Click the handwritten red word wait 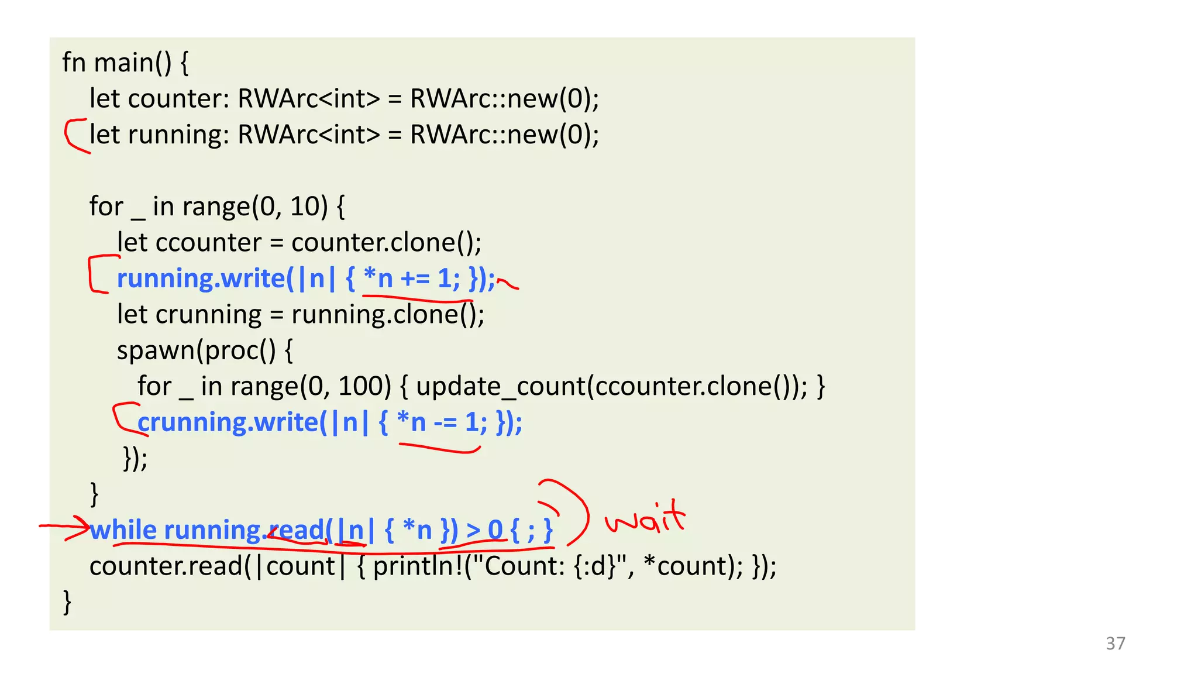[x=645, y=518]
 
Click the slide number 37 [x=1115, y=643]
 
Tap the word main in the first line [x=123, y=63]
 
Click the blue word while [x=123, y=530]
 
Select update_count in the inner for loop [x=500, y=386]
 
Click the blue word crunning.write [x=228, y=422]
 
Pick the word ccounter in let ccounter [x=208, y=242]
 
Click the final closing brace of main [x=67, y=601]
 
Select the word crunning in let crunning [x=208, y=315]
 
